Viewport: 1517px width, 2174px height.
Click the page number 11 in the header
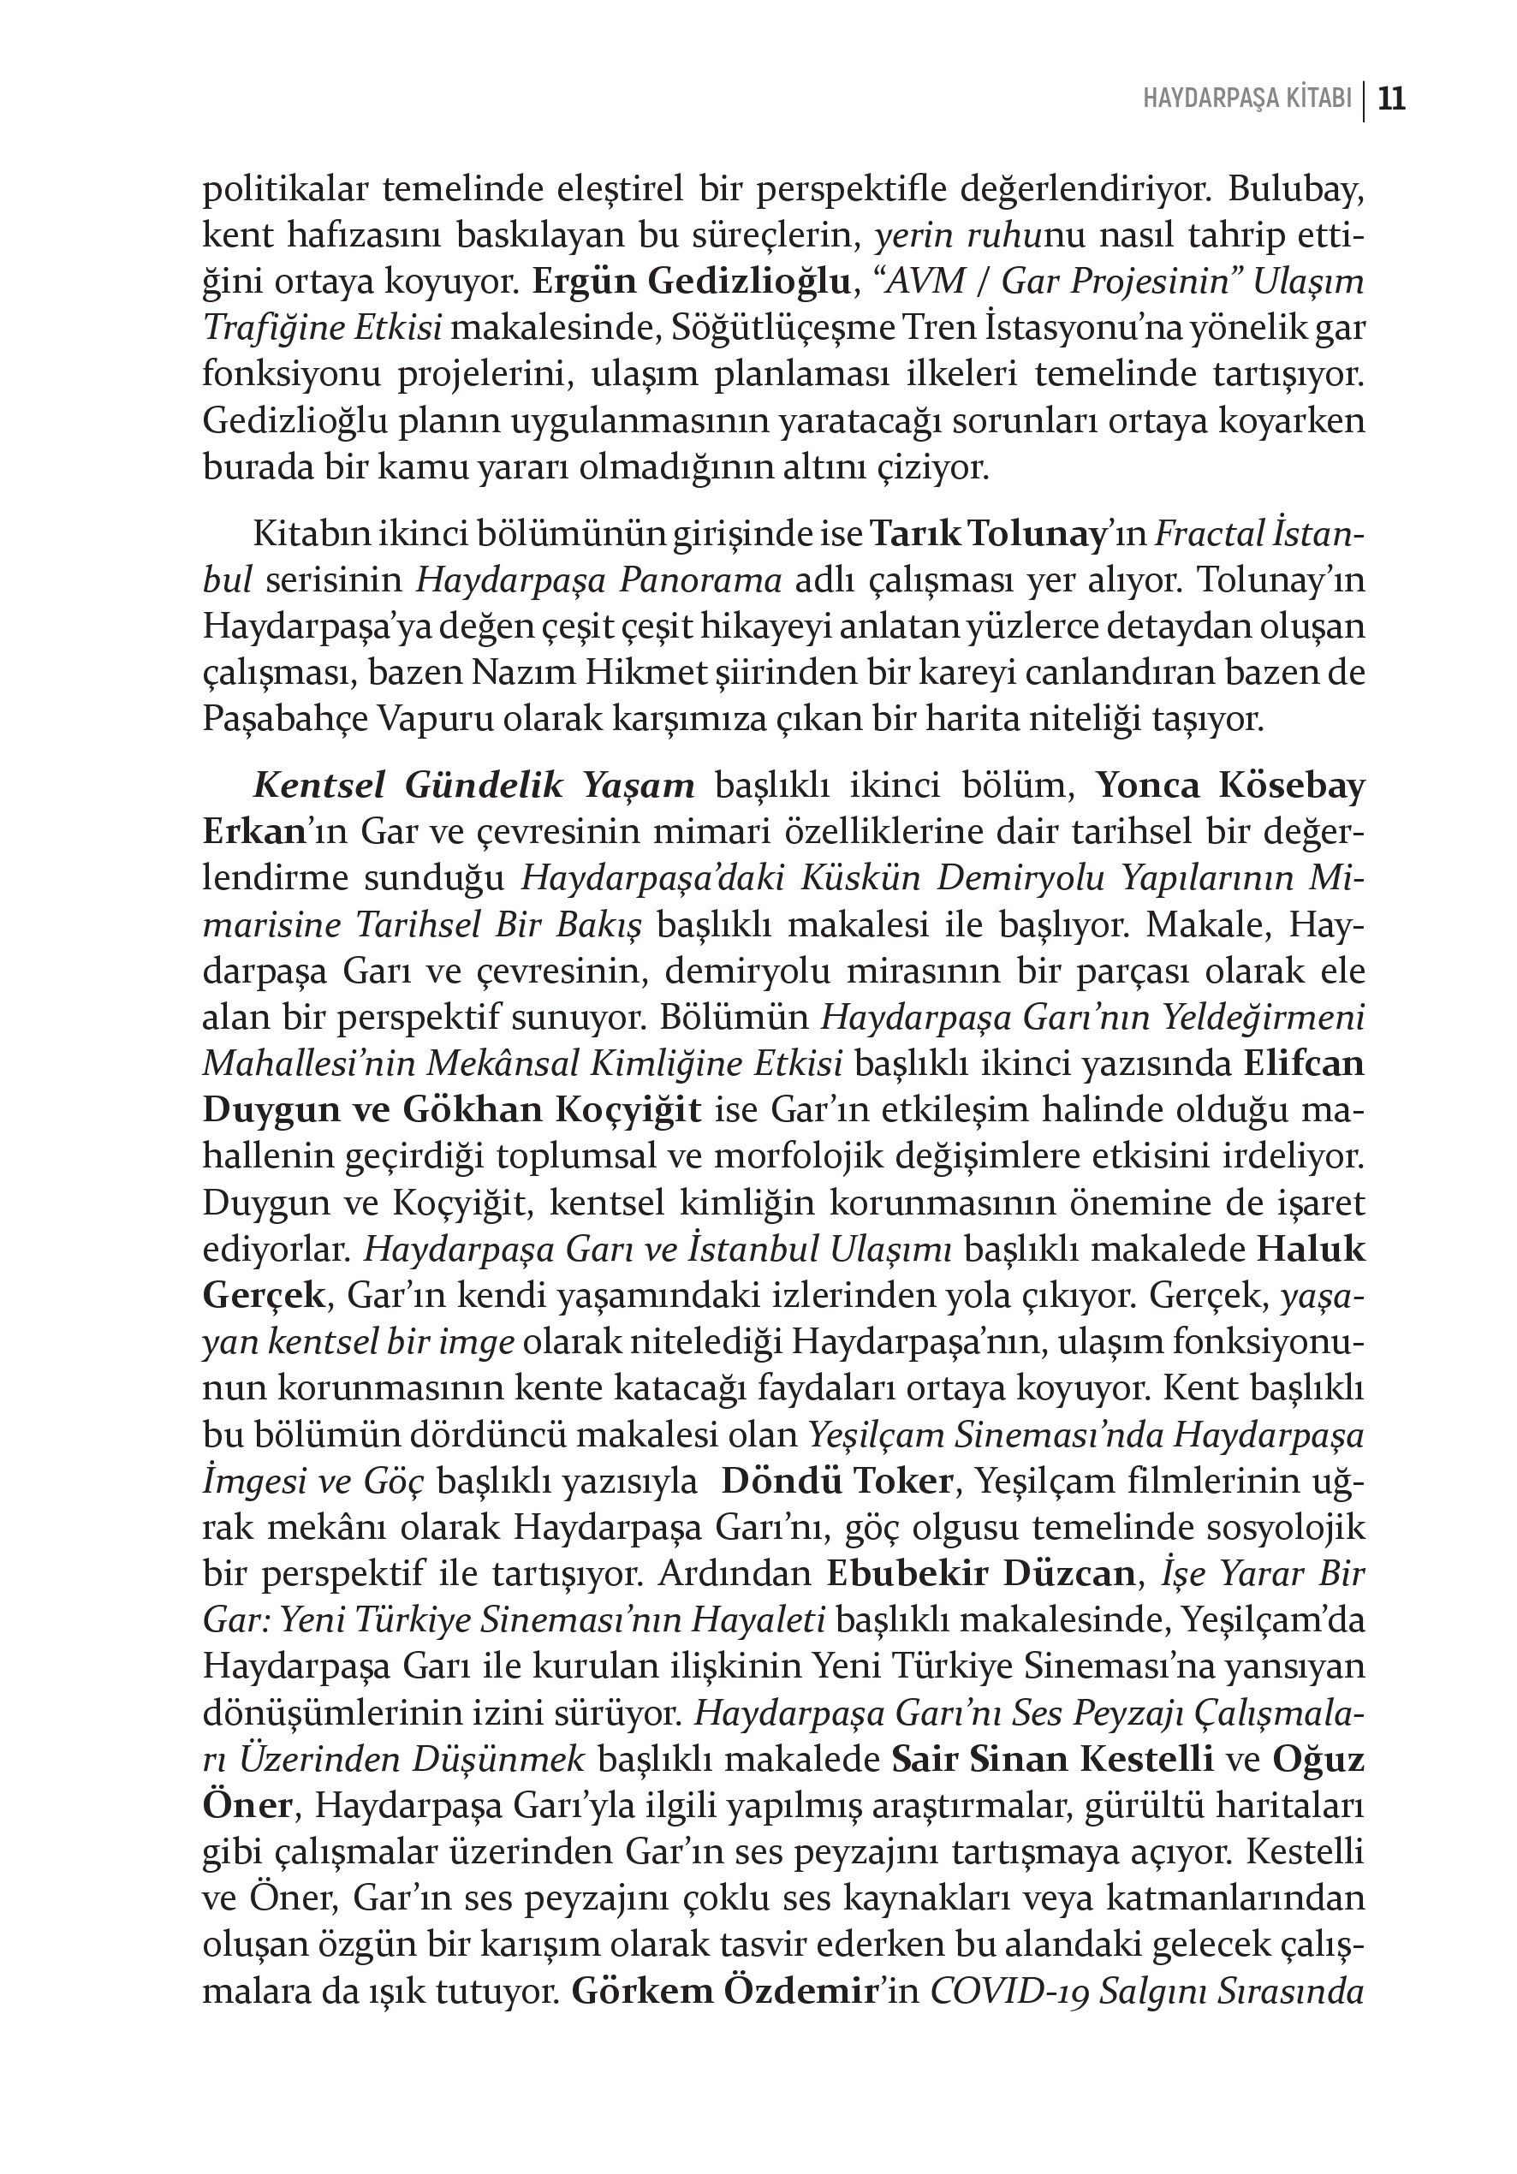(1391, 99)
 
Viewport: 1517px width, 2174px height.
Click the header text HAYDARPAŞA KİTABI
(1247, 100)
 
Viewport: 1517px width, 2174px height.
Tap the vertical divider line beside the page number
(1365, 100)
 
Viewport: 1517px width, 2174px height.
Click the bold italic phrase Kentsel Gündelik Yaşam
(473, 786)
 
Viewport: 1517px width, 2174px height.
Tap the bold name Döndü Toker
(836, 1481)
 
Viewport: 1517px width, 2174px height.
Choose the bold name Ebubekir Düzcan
(980, 1574)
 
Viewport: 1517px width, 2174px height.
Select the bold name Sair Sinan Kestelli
(1052, 1759)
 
